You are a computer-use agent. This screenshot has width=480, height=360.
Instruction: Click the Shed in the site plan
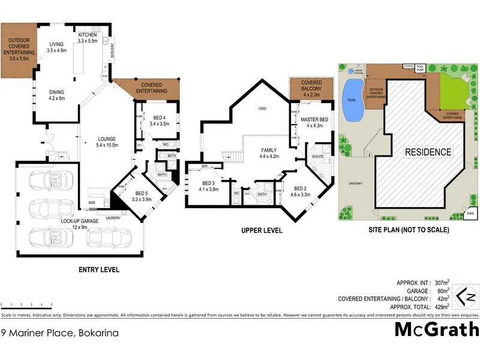(470, 212)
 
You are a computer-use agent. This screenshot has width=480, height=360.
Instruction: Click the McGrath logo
(436, 329)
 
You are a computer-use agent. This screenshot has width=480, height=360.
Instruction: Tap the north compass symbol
(465, 296)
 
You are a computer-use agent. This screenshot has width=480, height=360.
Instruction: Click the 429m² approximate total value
(442, 306)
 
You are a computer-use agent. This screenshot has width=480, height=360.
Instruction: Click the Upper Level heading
(262, 230)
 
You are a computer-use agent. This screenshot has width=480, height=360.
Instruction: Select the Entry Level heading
(99, 270)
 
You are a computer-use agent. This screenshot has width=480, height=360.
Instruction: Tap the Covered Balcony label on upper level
(311, 88)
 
